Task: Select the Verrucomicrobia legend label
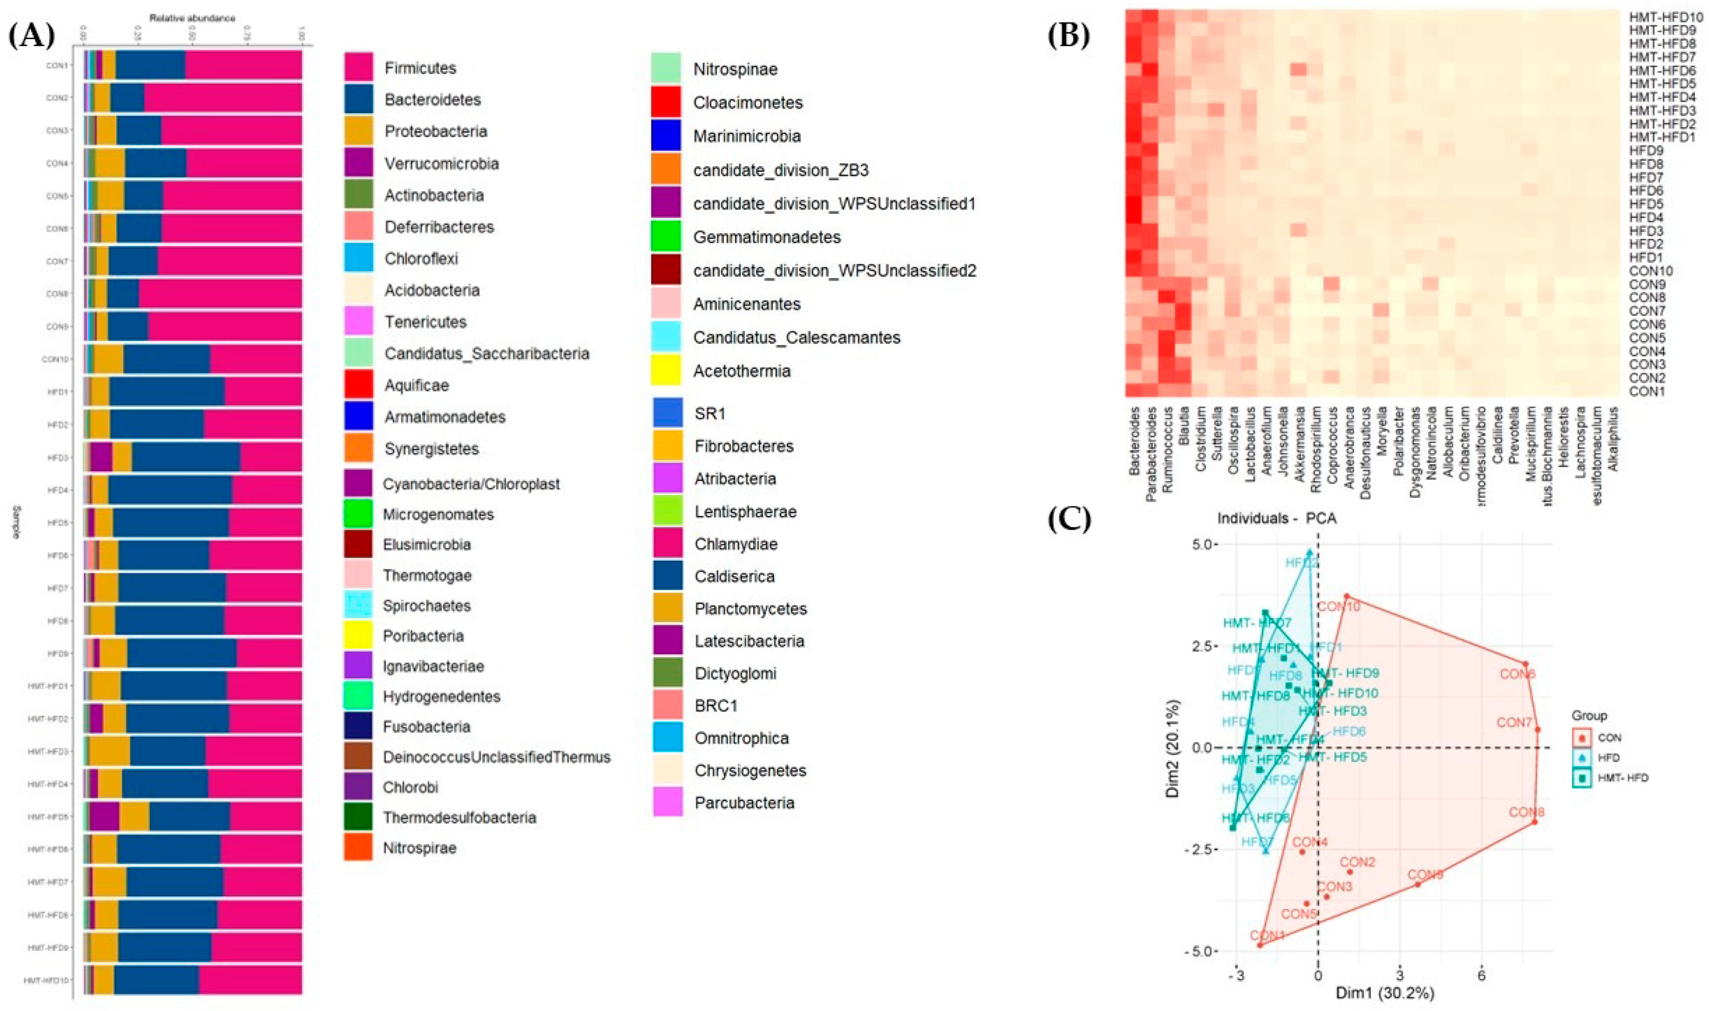pos(441,164)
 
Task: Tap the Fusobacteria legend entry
pos(426,727)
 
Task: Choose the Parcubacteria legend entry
pos(744,802)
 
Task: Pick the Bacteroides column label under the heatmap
pos(1134,441)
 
